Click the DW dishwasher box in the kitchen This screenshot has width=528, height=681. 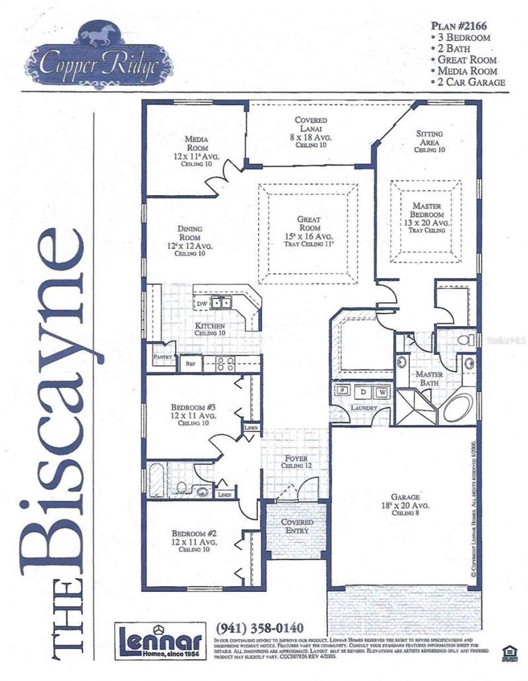point(202,303)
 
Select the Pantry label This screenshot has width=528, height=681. point(162,358)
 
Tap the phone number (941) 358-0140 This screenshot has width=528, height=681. point(259,628)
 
